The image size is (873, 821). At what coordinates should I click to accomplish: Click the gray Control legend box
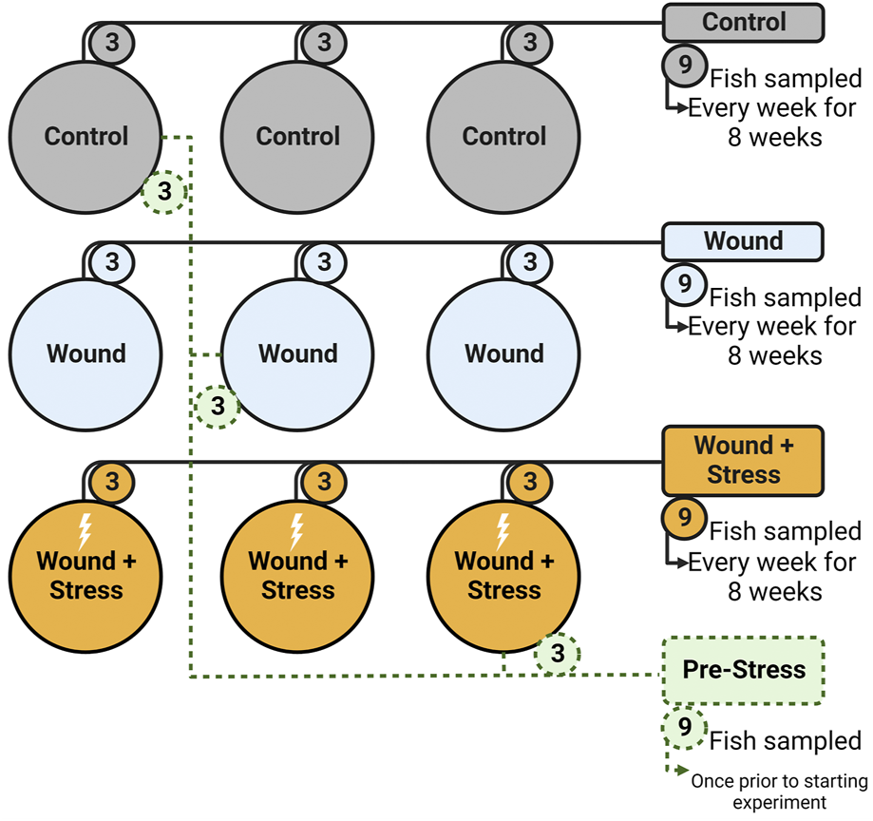(743, 22)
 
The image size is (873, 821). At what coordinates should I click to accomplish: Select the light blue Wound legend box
(743, 241)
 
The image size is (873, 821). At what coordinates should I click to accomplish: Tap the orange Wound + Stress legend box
(743, 460)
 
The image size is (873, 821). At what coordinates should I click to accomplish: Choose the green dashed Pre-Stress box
(743, 670)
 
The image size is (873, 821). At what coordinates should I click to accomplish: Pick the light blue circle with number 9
(684, 284)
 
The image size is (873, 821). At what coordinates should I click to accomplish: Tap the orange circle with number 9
(684, 518)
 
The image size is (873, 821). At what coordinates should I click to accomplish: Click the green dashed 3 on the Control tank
(164, 192)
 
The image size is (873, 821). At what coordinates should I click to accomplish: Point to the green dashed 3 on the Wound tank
(218, 407)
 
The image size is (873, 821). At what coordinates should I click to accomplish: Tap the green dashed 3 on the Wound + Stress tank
(558, 654)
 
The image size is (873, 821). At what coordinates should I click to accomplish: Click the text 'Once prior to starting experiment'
(779, 792)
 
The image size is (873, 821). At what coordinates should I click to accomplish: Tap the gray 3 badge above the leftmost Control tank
(112, 42)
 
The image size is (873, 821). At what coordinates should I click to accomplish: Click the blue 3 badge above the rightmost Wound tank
(530, 260)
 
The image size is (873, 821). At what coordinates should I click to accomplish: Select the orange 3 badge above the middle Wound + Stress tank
(324, 481)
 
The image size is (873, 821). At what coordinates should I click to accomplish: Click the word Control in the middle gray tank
(297, 136)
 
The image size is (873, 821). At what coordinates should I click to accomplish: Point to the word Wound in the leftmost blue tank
(85, 353)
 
